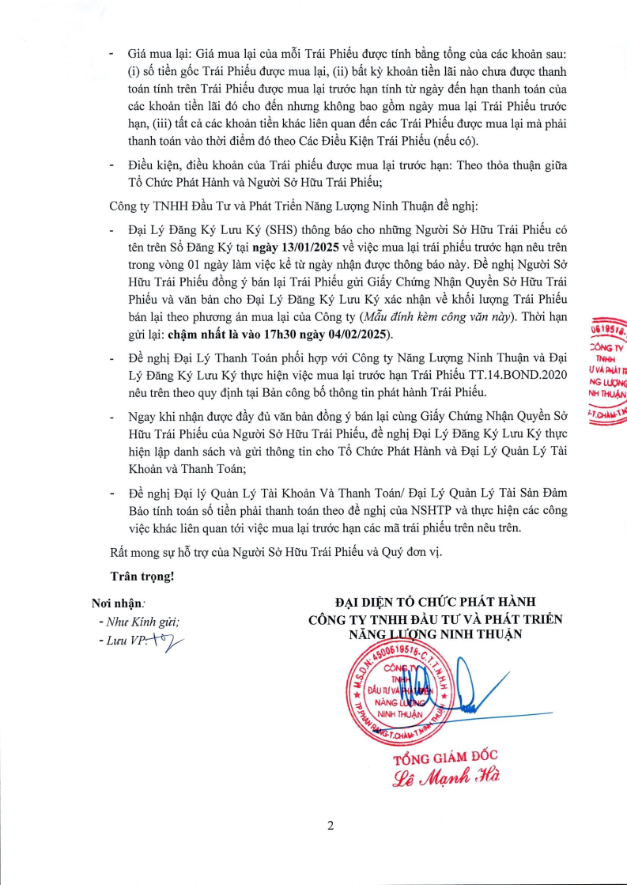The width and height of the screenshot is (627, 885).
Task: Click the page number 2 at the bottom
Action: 330,826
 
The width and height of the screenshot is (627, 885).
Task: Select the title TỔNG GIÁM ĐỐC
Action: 446,756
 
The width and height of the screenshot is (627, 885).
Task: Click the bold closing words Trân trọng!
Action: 142,576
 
